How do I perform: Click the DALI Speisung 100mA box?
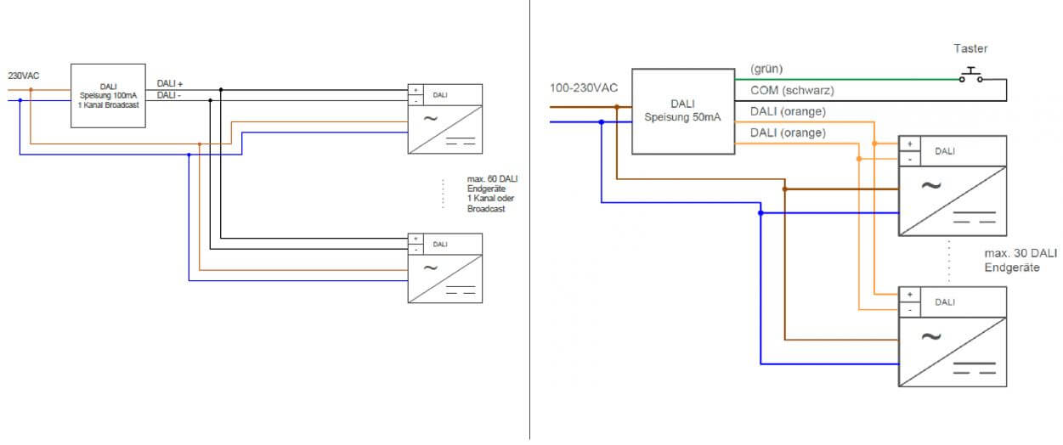(x=107, y=96)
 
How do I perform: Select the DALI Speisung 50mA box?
(x=682, y=110)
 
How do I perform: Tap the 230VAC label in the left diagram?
(x=23, y=76)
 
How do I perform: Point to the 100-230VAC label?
(x=584, y=87)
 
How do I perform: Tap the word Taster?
(x=970, y=49)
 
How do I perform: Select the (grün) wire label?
(x=766, y=69)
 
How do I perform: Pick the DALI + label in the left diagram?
(x=170, y=83)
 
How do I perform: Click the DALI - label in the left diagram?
(x=169, y=95)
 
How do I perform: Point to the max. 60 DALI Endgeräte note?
(x=493, y=194)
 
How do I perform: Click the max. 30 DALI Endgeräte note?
(x=1021, y=260)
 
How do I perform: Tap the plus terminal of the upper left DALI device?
(x=415, y=89)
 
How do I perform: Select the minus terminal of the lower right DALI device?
(x=909, y=309)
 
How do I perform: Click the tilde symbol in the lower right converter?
(x=930, y=336)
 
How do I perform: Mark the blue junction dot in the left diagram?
(x=189, y=155)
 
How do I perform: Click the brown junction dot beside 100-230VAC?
(x=616, y=107)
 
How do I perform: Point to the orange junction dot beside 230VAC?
(x=31, y=88)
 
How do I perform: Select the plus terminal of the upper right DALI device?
(x=909, y=144)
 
